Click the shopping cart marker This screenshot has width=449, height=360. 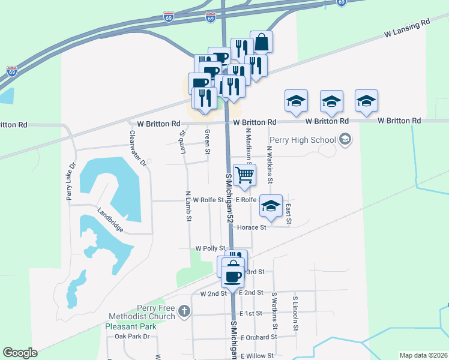[x=244, y=175]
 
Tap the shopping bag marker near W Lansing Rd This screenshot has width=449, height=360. [x=261, y=42]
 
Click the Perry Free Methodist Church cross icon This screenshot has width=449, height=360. [x=184, y=311]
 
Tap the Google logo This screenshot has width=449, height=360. [x=20, y=353]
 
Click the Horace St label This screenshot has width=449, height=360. [x=252, y=227]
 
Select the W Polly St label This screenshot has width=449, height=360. [x=210, y=248]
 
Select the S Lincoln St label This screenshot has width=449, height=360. [x=295, y=313]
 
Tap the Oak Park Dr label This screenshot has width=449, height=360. [x=132, y=337]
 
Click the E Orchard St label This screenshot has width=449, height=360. [x=258, y=337]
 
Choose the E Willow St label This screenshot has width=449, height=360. [x=257, y=356]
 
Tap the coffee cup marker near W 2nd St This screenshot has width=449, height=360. [x=233, y=277]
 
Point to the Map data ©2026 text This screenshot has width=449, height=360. [x=423, y=355]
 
